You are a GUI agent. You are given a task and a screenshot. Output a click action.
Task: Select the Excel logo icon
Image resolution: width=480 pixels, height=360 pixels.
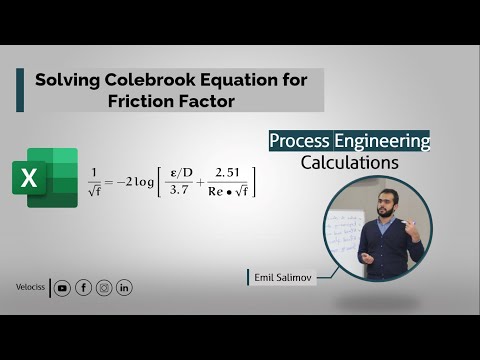(x=45, y=177)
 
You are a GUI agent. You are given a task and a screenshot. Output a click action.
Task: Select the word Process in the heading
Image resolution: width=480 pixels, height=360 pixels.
(x=299, y=141)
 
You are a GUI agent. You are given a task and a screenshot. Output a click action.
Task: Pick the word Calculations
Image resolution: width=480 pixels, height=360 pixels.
(x=349, y=162)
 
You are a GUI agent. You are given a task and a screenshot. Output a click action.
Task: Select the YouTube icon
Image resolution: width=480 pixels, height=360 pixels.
(x=63, y=288)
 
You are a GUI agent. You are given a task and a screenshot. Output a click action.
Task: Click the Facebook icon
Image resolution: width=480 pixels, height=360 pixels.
(x=83, y=288)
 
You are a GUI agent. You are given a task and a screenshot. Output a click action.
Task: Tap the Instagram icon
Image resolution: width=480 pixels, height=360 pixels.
(x=104, y=288)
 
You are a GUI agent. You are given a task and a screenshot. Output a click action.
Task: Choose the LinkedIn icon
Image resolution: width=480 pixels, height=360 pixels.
(x=124, y=288)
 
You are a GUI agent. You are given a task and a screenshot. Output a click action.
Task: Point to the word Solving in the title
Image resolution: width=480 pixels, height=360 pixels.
(x=68, y=79)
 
